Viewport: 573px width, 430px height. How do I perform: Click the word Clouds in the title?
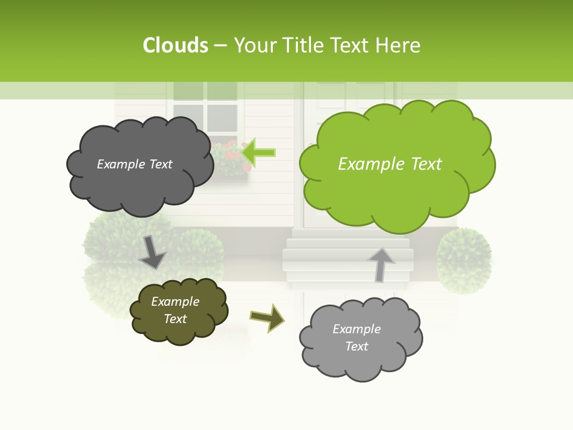tap(175, 45)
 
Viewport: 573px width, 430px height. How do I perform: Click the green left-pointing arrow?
tap(258, 152)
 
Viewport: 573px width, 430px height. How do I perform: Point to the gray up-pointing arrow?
tap(381, 264)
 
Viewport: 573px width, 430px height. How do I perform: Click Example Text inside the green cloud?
tap(390, 164)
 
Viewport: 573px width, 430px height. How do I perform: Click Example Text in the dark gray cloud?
tap(134, 164)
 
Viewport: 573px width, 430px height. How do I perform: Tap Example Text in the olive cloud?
tap(175, 310)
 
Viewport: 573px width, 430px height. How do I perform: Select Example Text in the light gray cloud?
tap(356, 337)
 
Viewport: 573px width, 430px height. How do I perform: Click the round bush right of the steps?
tap(464, 260)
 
